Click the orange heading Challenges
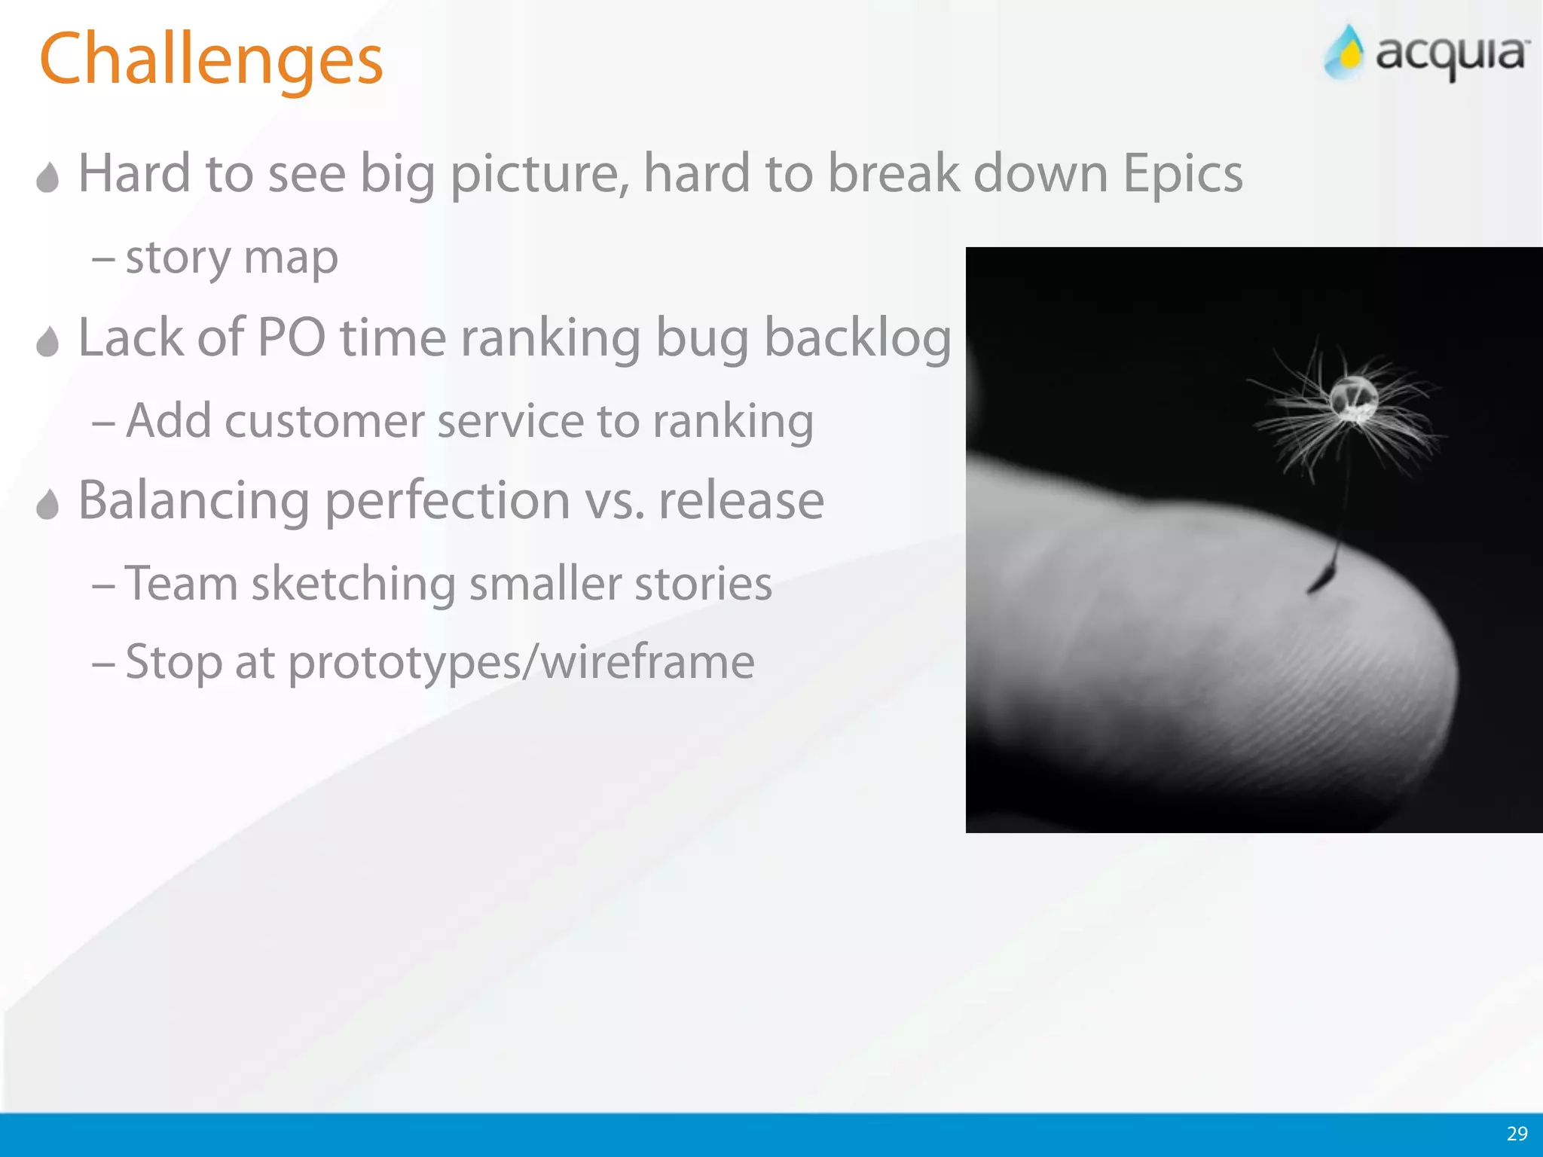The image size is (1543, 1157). (x=211, y=60)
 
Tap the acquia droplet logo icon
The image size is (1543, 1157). (x=1346, y=53)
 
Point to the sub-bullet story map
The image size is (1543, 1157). (x=231, y=258)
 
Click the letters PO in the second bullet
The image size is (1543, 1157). (x=291, y=337)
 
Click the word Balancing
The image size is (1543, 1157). (x=194, y=502)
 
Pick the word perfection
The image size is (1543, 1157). (x=448, y=502)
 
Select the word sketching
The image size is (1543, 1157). (x=353, y=585)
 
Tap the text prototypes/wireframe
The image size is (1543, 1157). (x=521, y=663)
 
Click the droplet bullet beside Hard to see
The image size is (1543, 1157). (x=47, y=178)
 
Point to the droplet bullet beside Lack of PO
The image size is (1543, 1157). (x=47, y=342)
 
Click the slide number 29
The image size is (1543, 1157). (x=1517, y=1134)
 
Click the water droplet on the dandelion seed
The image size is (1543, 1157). (x=1353, y=397)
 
